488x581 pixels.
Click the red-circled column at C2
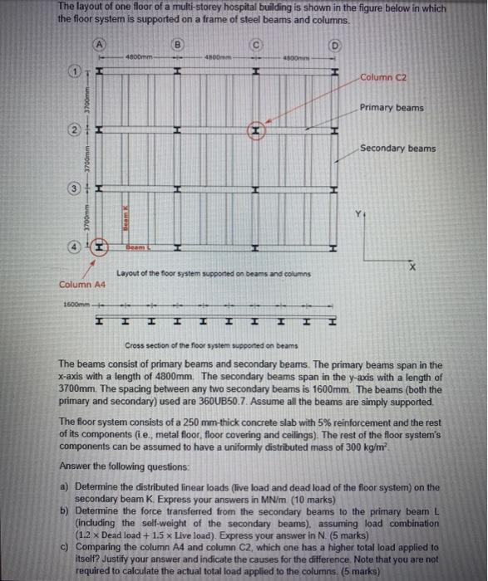[257, 131]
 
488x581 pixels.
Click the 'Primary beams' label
[392, 108]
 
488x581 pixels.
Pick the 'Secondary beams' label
[397, 149]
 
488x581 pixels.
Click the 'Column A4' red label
[81, 285]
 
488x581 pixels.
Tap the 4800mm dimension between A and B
[138, 56]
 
